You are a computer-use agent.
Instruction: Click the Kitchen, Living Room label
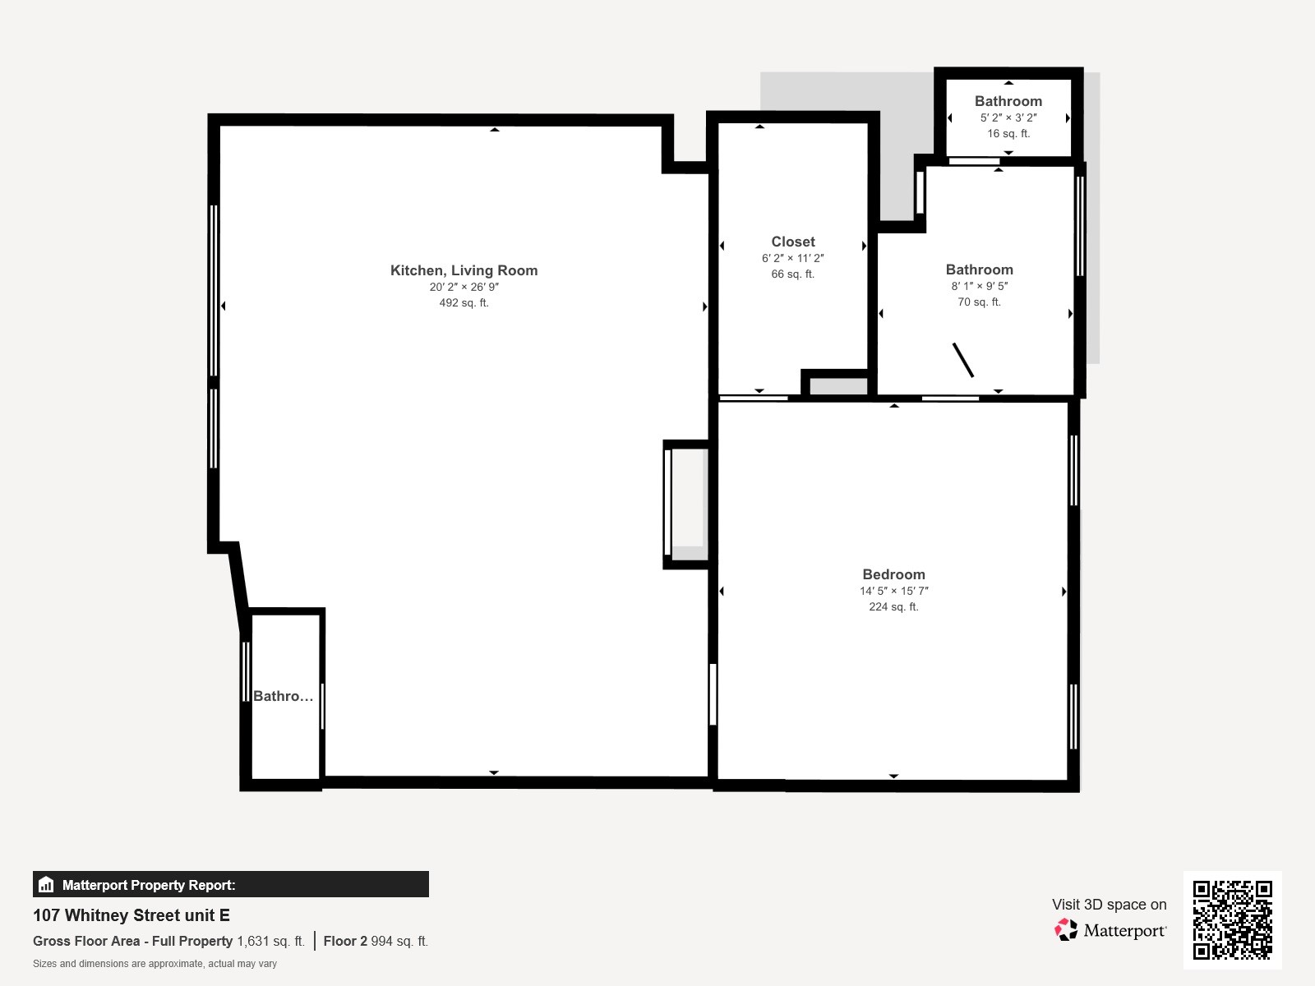[x=464, y=270]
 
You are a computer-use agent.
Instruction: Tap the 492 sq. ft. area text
[x=464, y=302]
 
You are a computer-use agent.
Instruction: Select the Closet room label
[x=793, y=242]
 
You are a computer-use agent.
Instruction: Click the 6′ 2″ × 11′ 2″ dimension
[x=793, y=258]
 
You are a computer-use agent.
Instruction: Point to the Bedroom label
[x=893, y=574]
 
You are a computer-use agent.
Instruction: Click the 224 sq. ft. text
[x=893, y=606]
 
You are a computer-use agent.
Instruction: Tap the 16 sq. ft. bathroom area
[x=1008, y=133]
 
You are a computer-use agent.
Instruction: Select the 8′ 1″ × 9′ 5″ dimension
[x=979, y=286]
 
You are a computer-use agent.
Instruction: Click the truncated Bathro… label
[x=283, y=696]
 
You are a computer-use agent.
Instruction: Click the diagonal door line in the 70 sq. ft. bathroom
[x=963, y=360]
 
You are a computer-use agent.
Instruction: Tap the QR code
[x=1232, y=919]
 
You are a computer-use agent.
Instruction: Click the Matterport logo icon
[x=1066, y=930]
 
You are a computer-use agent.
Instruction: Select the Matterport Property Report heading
[x=149, y=885]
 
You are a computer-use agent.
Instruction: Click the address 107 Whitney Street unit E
[x=131, y=915]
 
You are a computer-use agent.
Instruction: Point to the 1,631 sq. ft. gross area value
[x=270, y=941]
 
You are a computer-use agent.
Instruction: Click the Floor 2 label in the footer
[x=345, y=941]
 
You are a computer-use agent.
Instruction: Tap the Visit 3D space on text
[x=1109, y=904]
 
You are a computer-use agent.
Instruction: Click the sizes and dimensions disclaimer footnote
[x=155, y=964]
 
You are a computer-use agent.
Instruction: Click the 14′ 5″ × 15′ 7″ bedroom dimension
[x=893, y=591]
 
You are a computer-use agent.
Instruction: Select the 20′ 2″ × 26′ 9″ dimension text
[x=464, y=287]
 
